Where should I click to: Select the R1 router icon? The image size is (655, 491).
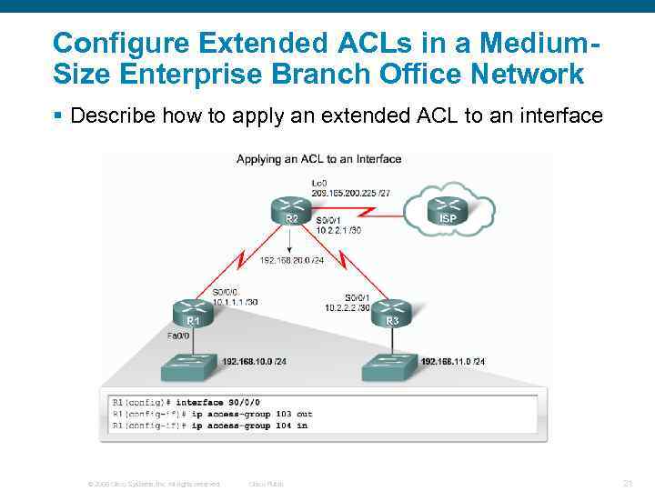coord(194,313)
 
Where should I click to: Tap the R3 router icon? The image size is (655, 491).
coord(391,313)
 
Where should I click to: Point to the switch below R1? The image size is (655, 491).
coord(191,366)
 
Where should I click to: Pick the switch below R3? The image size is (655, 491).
coord(390,366)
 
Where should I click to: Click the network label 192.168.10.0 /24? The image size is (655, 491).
coord(255,361)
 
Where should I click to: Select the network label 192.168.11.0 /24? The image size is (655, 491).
coord(453,361)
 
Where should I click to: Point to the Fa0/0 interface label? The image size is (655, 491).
coord(178,336)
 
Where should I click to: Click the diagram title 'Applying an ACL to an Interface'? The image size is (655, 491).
coord(318,159)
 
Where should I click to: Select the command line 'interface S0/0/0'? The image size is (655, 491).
coord(217,402)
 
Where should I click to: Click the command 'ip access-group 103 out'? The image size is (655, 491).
coord(245,414)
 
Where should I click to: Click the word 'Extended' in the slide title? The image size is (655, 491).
coord(246,43)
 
